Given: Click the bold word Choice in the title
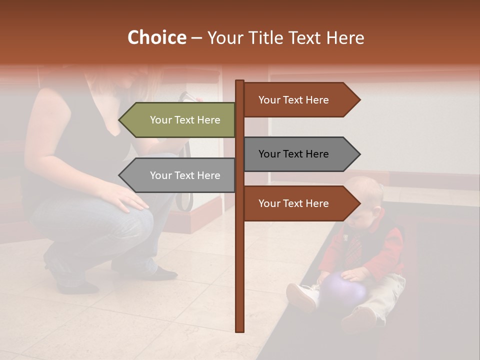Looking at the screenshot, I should point(156,38).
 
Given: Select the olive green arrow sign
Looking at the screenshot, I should point(177,120).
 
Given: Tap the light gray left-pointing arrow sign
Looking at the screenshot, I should point(177,175).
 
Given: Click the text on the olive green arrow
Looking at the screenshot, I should point(185,120).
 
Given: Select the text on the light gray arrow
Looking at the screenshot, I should point(185,175).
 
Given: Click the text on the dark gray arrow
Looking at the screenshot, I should point(293,154).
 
